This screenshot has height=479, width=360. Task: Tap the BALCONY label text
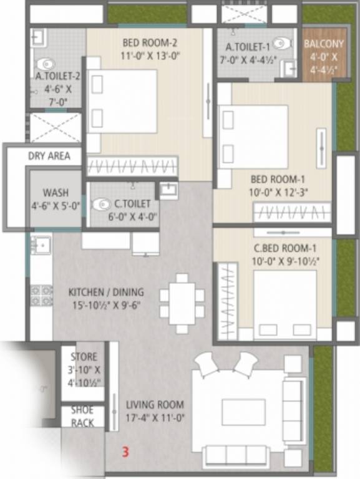tap(323, 44)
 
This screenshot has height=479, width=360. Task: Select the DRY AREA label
tap(49, 156)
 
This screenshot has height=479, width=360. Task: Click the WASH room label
tap(56, 193)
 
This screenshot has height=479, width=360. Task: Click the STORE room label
tap(84, 357)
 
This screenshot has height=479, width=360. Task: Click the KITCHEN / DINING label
tap(106, 292)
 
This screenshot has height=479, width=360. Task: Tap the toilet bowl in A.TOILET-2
tap(45, 65)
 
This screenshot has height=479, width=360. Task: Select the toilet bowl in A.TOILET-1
tap(281, 44)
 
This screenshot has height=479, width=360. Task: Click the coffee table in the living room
tap(243, 412)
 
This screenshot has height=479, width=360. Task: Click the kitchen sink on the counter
tap(41, 244)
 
